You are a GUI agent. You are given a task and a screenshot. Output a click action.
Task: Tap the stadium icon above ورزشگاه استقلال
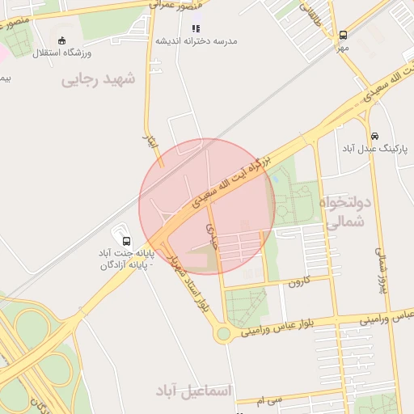pyautogui.click(x=63, y=40)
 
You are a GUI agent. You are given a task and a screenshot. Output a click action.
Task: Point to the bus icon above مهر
pyautogui.click(x=344, y=35)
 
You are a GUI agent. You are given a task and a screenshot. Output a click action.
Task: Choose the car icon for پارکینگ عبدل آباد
pyautogui.click(x=374, y=136)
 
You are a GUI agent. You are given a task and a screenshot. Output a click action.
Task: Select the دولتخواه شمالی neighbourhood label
pyautogui.click(x=344, y=211)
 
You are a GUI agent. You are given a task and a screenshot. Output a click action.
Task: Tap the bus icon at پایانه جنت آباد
pyautogui.click(x=126, y=240)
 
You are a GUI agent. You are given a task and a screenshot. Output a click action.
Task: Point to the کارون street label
pyautogui.click(x=298, y=283)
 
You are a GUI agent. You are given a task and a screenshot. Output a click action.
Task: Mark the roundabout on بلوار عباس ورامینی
pyautogui.click(x=222, y=332)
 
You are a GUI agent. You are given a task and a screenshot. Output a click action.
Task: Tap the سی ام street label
pyautogui.click(x=270, y=400)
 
